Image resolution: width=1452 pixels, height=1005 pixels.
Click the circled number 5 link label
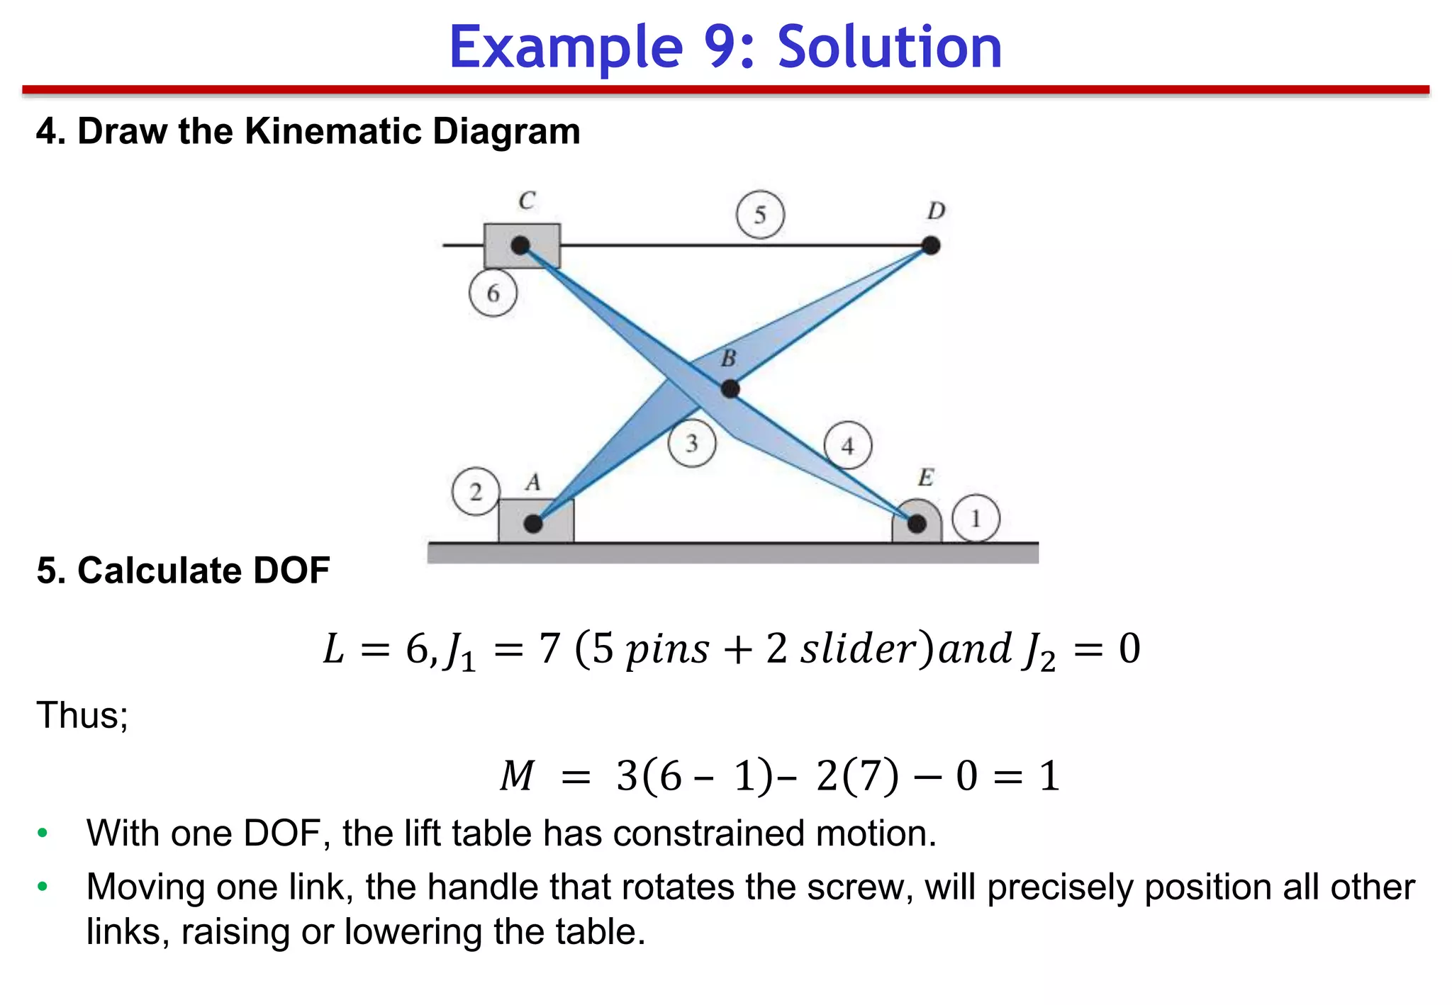point(760,215)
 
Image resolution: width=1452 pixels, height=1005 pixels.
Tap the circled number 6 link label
point(493,293)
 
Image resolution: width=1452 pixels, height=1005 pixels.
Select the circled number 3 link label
point(691,443)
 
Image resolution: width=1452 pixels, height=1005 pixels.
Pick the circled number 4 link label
point(847,446)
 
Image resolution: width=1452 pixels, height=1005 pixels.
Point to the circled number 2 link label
point(476,491)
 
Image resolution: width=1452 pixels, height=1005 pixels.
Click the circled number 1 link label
point(976,519)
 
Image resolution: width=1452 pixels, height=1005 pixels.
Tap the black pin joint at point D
point(931,245)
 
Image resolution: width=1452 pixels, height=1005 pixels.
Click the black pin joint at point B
point(730,388)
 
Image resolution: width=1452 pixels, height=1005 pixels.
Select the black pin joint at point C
point(520,245)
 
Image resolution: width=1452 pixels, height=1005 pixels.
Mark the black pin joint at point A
point(533,524)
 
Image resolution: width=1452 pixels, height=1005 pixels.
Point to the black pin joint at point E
point(917,524)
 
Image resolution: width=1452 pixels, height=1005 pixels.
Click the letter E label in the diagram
point(926,478)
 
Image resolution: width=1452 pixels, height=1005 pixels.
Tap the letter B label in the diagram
point(728,359)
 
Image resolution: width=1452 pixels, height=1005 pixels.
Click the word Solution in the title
point(890,47)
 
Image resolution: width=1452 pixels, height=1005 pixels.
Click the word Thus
point(82,714)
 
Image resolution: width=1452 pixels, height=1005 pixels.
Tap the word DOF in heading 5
point(291,571)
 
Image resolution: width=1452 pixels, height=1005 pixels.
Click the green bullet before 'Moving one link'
point(43,887)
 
